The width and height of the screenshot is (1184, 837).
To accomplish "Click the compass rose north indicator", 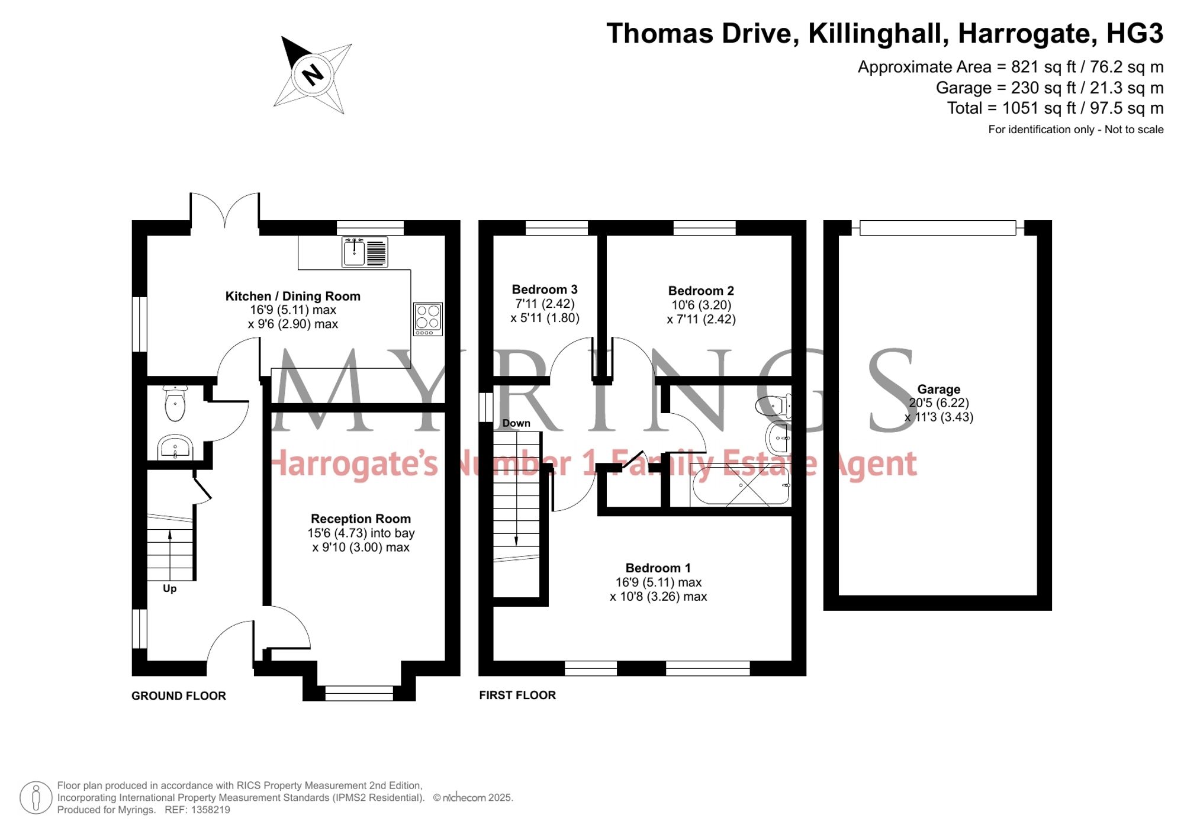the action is click(313, 75).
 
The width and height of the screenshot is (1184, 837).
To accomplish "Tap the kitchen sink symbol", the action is click(365, 252).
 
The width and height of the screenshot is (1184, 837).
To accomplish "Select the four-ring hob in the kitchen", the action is click(428, 319).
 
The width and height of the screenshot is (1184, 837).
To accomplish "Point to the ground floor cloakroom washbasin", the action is click(175, 448).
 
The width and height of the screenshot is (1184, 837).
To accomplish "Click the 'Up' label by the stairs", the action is click(170, 588).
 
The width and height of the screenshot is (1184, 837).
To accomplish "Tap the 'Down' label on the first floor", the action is click(516, 423).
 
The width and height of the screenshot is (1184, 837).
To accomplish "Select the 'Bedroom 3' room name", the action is click(545, 289).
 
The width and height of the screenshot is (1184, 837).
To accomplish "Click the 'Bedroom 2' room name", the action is click(701, 291).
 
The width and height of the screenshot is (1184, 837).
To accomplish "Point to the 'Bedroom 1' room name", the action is click(658, 568).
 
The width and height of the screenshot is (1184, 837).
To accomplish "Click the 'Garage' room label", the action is click(939, 389).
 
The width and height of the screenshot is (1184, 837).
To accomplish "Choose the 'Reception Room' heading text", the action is click(361, 519).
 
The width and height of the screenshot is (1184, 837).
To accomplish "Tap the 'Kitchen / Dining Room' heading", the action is click(293, 296).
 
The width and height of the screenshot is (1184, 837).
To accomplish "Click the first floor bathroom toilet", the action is click(774, 405).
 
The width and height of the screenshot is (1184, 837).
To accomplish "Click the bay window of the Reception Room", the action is click(359, 693).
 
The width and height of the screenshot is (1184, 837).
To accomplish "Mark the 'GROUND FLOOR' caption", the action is click(179, 696).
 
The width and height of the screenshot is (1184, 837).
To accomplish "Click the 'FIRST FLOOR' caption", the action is click(517, 696).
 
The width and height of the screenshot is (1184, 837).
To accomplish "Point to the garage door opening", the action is click(938, 228).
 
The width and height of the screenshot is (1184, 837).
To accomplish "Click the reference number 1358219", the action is click(210, 810).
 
